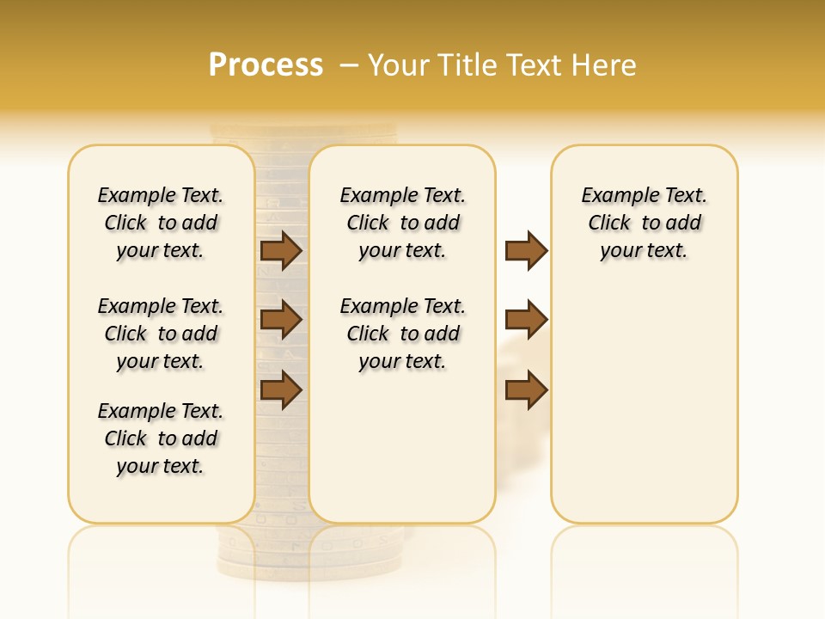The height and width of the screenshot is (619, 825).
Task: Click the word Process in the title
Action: [266, 65]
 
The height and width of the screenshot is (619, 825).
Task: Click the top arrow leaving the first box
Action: [281, 250]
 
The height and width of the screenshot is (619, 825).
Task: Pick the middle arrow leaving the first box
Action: [281, 321]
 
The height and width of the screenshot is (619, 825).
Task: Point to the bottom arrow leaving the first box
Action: [281, 390]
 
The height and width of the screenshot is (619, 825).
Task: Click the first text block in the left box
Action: [161, 223]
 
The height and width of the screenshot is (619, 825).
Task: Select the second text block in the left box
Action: [161, 334]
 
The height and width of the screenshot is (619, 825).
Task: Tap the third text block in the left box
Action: [161, 438]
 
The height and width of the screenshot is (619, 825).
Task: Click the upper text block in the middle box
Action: [402, 223]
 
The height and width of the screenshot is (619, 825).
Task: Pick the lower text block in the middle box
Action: [402, 334]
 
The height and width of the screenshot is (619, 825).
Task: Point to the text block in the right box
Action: [644, 223]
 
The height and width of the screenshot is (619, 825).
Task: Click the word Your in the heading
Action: [400, 65]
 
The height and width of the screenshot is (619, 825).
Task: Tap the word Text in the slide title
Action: [533, 65]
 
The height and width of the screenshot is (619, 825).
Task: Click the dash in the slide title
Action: [349, 65]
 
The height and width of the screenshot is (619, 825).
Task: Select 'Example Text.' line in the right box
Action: [644, 195]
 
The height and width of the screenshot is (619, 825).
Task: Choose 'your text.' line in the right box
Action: [644, 250]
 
